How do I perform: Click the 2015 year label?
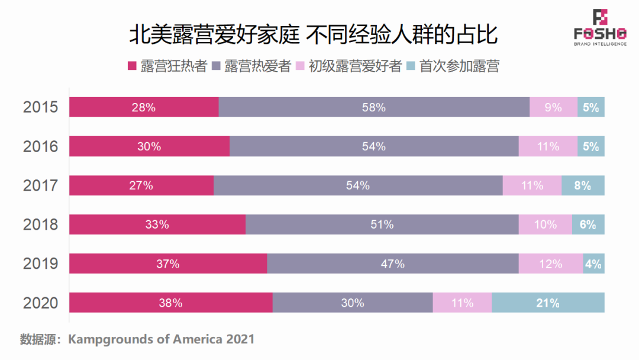(x=41, y=108)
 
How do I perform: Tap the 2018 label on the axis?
(x=41, y=224)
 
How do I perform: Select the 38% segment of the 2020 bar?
(x=170, y=303)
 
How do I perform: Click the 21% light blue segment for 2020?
(x=548, y=303)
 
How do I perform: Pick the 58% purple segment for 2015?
(x=374, y=108)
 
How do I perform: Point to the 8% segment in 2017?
(x=583, y=185)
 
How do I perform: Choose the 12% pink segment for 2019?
(x=551, y=263)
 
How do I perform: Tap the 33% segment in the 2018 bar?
(x=157, y=224)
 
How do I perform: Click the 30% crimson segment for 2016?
(x=149, y=146)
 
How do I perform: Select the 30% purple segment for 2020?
(x=353, y=303)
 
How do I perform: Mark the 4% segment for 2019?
(x=593, y=263)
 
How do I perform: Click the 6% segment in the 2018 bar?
(x=588, y=224)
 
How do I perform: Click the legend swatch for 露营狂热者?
(x=133, y=66)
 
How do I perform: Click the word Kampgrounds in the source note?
(x=106, y=339)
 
